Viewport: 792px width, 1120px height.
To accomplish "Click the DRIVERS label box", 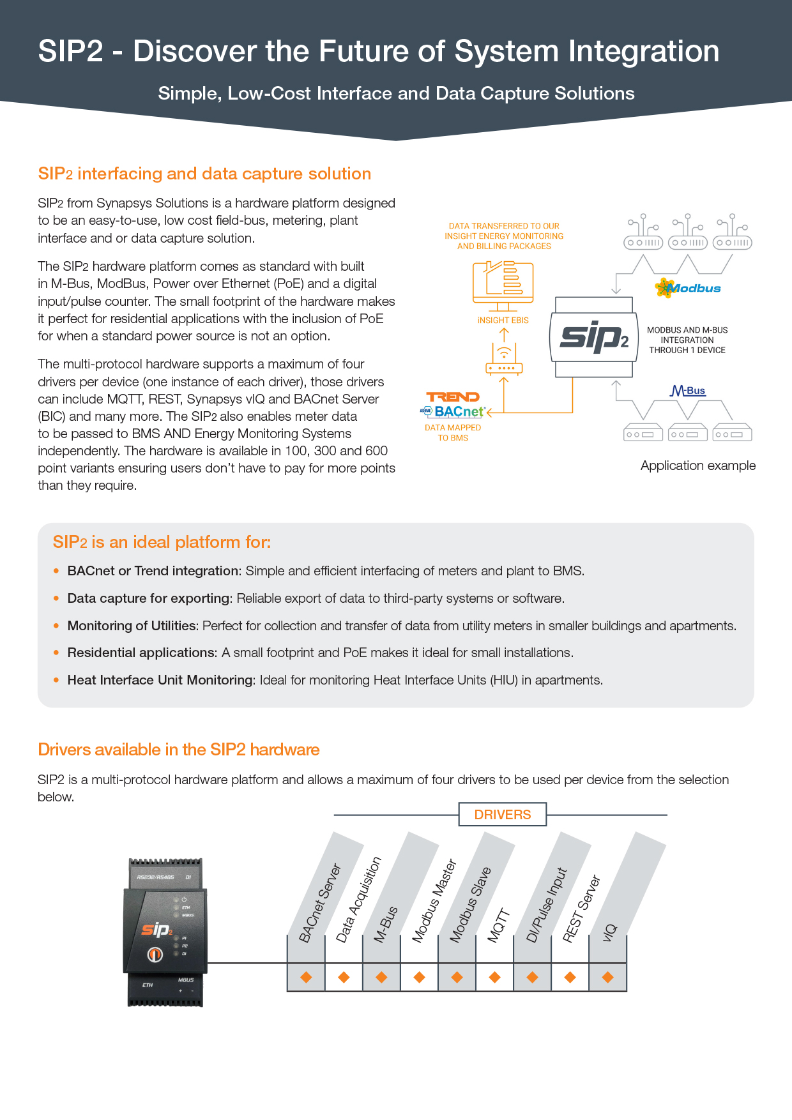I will click(x=503, y=814).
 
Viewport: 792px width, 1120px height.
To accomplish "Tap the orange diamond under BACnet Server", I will click(x=306, y=977).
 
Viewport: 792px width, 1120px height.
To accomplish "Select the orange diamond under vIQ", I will click(x=607, y=977).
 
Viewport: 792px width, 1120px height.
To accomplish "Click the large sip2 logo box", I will click(x=594, y=337).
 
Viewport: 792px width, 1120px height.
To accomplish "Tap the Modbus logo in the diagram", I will click(x=688, y=288).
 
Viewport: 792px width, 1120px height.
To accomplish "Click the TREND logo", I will click(x=452, y=397).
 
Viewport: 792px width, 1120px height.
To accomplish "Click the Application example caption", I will click(x=697, y=465).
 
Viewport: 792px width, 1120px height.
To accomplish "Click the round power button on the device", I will click(x=155, y=955).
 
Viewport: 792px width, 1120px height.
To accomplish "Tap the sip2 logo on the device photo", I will click(x=157, y=930).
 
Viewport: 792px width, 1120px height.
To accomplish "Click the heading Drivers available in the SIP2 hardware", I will click(x=179, y=749).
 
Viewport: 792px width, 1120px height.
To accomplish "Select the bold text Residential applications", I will click(x=142, y=653).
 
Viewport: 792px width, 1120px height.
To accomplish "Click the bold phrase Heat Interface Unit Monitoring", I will click(x=161, y=680).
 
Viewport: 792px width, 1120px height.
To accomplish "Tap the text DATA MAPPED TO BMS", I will click(x=453, y=433).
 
